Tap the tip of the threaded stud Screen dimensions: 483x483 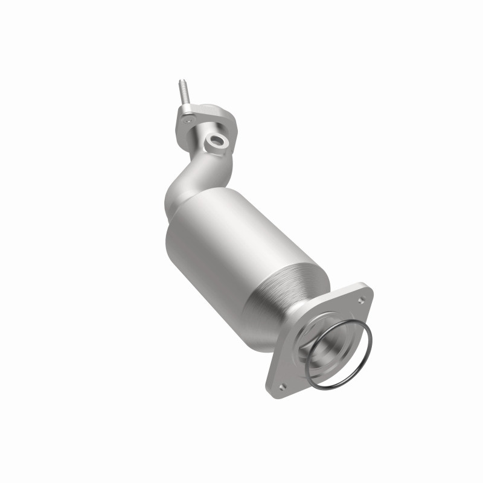coord(181,81)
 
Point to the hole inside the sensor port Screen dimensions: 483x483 coord(215,142)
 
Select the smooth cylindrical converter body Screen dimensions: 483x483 coord(229,241)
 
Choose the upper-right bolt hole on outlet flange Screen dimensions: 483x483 coord(361,298)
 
